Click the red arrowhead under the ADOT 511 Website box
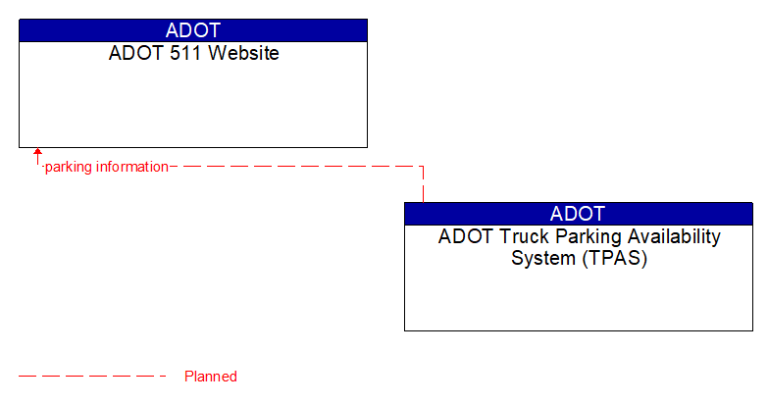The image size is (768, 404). (37, 153)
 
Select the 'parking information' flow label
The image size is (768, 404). (107, 167)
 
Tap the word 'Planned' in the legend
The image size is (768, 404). (211, 377)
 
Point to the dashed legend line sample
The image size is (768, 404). (93, 376)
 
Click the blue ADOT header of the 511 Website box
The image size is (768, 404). (193, 29)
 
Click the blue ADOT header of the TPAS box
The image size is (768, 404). (578, 213)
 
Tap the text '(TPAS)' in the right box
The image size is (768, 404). (614, 259)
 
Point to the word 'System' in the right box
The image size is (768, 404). (542, 259)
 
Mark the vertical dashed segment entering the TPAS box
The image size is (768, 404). (423, 185)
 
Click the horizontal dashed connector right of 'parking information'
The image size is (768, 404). (294, 167)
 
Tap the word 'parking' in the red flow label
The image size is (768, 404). (68, 167)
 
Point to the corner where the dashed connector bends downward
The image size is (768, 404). (423, 167)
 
